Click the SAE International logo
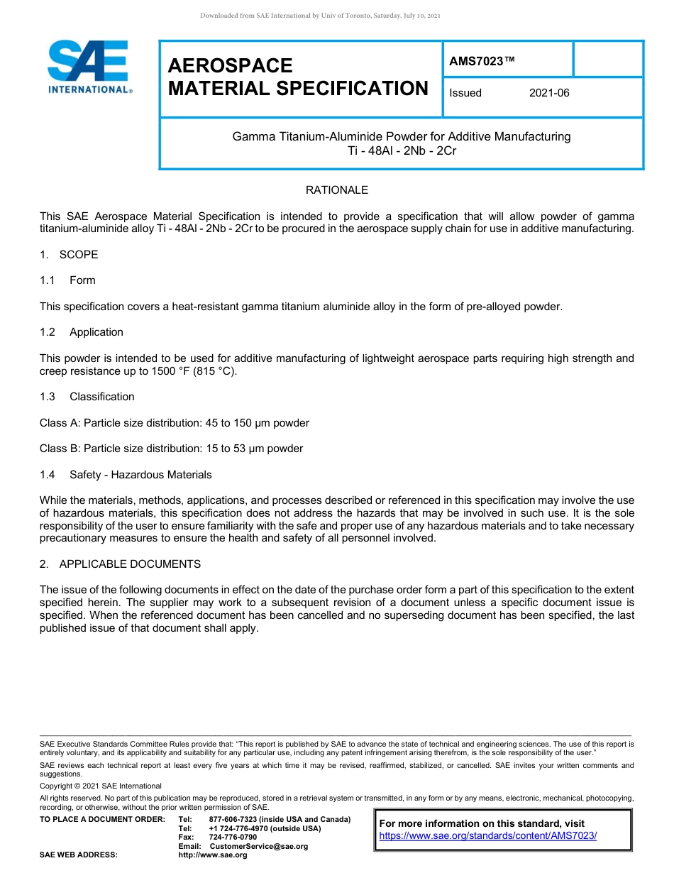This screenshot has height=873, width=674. (89, 67)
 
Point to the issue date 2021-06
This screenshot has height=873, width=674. (549, 93)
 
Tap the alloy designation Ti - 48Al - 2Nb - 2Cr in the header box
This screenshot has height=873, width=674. (402, 151)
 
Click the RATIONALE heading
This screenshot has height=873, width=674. (336, 190)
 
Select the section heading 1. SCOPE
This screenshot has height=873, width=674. (69, 255)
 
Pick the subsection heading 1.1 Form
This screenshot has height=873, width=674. (68, 280)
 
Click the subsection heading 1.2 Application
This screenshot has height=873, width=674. (82, 332)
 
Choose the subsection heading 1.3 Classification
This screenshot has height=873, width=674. (87, 397)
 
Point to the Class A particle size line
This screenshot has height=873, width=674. (175, 423)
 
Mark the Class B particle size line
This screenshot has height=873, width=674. (171, 449)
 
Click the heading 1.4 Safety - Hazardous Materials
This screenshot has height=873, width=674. (126, 475)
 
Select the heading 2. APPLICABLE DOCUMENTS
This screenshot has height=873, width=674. (120, 564)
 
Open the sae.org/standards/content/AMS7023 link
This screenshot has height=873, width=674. (488, 836)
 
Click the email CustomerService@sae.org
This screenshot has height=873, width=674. (259, 846)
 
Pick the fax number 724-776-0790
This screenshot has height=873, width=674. (233, 838)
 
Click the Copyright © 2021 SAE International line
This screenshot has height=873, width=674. (101, 786)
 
